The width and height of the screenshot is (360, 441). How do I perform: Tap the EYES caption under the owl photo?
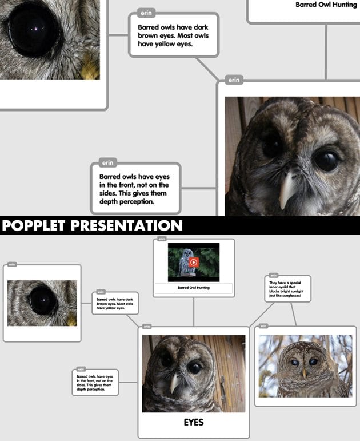pyautogui.click(x=193, y=423)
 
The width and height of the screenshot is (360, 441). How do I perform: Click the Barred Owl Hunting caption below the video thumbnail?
pyautogui.click(x=193, y=288)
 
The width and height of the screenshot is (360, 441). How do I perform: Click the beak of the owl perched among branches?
pyautogui.click(x=304, y=372)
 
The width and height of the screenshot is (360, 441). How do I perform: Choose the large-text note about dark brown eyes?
pyautogui.click(x=173, y=35)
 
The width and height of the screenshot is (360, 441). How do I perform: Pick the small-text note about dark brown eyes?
pyautogui.click(x=114, y=303)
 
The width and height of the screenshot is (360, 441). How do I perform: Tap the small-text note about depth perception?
pyautogui.click(x=95, y=382)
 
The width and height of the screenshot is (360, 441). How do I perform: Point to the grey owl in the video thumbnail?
pyautogui.click(x=185, y=263)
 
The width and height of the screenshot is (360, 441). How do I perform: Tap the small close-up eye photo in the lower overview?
pyautogui.click(x=42, y=303)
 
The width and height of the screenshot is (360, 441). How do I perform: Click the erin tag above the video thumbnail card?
pyautogui.click(x=162, y=239)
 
